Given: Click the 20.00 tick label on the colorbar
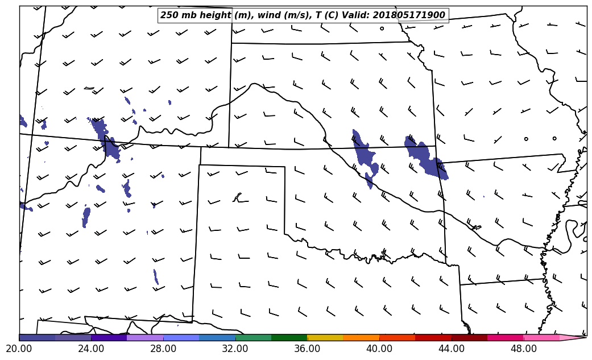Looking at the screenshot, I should [x=20, y=349].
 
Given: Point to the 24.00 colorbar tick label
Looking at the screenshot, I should [x=91, y=349].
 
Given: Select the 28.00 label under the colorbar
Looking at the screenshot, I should [x=163, y=349].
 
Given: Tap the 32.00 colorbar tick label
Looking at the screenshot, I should [x=235, y=349].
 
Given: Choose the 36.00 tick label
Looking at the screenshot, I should [x=307, y=349].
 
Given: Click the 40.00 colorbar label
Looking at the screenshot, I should [x=379, y=349].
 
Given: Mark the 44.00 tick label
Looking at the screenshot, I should [x=452, y=349].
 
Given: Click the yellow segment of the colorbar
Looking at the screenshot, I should [x=325, y=338].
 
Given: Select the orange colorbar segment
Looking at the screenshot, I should [x=361, y=338].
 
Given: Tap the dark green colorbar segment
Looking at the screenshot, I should [x=289, y=338].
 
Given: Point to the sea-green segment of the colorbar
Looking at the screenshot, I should [x=253, y=338].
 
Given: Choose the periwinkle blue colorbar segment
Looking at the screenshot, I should [x=181, y=338].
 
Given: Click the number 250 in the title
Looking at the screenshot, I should [x=170, y=15].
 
